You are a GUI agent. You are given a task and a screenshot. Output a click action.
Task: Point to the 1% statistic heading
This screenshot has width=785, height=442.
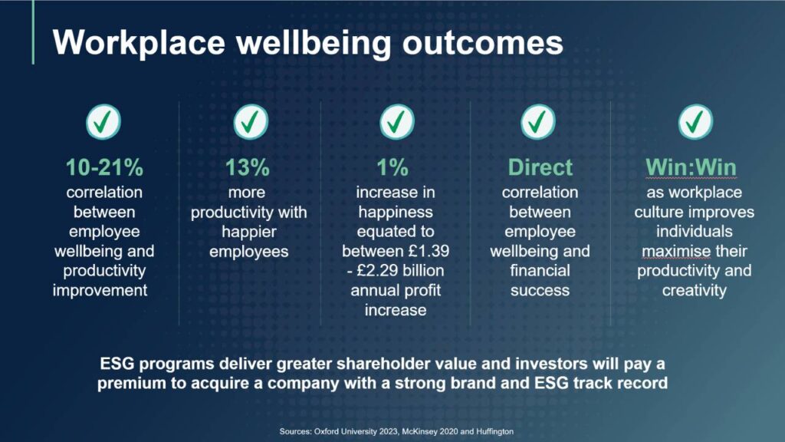pyautogui.click(x=393, y=167)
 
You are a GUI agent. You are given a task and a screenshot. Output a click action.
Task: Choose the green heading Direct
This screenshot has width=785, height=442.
pyautogui.click(x=540, y=167)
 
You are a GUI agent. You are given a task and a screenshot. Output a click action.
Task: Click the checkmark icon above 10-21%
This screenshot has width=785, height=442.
pyautogui.click(x=103, y=121)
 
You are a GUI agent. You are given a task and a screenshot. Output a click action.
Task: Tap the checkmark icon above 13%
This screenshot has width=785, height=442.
pyautogui.click(x=250, y=121)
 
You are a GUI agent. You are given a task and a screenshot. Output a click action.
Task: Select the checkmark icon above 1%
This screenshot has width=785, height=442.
pyautogui.click(x=396, y=121)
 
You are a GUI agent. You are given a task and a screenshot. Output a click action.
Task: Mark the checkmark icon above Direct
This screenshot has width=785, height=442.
pyautogui.click(x=539, y=121)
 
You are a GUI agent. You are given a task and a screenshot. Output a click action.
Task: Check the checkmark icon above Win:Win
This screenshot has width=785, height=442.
pyautogui.click(x=695, y=121)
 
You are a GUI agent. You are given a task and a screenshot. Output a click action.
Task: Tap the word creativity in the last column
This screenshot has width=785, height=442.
pyautogui.click(x=695, y=291)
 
